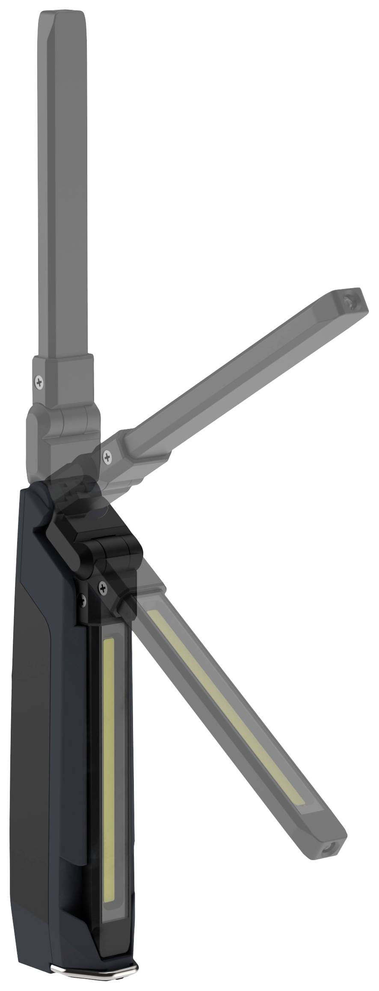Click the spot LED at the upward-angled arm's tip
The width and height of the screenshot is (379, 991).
351,302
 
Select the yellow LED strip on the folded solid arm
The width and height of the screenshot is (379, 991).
110,771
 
